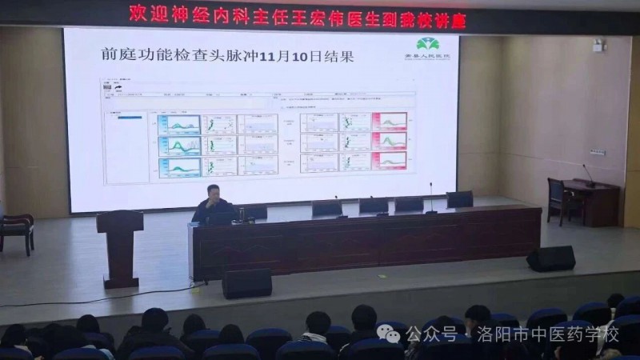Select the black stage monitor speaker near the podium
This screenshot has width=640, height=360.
point(246,283)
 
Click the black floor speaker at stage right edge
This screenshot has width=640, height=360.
point(550,258)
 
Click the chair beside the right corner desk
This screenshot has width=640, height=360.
point(560,200)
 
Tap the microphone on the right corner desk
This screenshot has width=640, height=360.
point(588,174)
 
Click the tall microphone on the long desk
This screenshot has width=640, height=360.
point(431,197)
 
